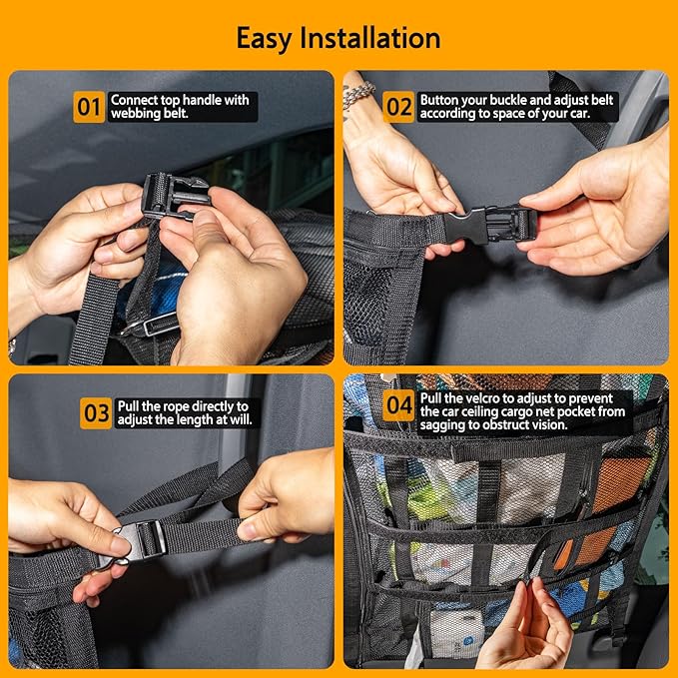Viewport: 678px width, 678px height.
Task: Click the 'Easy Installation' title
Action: (339, 38)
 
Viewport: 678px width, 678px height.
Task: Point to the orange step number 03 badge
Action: (97, 413)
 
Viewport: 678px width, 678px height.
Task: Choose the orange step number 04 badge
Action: (399, 405)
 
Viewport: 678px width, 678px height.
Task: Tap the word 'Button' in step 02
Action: (440, 100)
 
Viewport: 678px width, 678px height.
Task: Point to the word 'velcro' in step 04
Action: (481, 398)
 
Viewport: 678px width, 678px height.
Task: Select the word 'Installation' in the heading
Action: (380, 38)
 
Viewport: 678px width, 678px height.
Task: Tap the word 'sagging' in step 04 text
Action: (445, 425)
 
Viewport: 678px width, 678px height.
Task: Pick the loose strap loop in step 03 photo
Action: (200, 484)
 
